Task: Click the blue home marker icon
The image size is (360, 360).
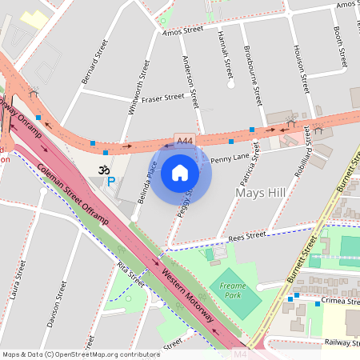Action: tap(180, 173)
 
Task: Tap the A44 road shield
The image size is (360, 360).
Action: tap(185, 142)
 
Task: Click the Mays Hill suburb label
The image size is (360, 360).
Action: tap(261, 193)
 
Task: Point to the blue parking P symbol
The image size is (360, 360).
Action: tap(111, 182)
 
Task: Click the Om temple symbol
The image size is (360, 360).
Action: tap(102, 170)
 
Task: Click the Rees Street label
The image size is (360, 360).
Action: tap(246, 235)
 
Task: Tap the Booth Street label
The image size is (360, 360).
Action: tap(339, 48)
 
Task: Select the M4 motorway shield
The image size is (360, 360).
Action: tap(240, 353)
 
